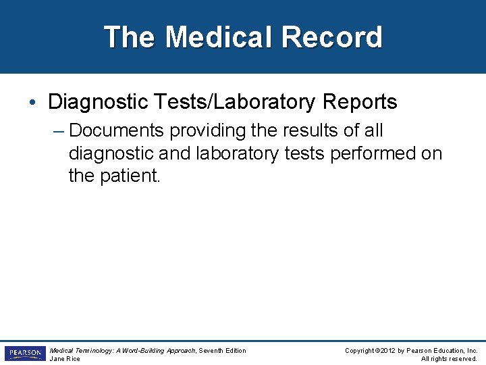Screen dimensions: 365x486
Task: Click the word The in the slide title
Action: point(130,37)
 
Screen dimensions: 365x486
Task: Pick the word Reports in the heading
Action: point(358,102)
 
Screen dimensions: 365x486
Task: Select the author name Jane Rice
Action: point(65,359)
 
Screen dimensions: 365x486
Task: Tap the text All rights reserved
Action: point(449,359)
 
